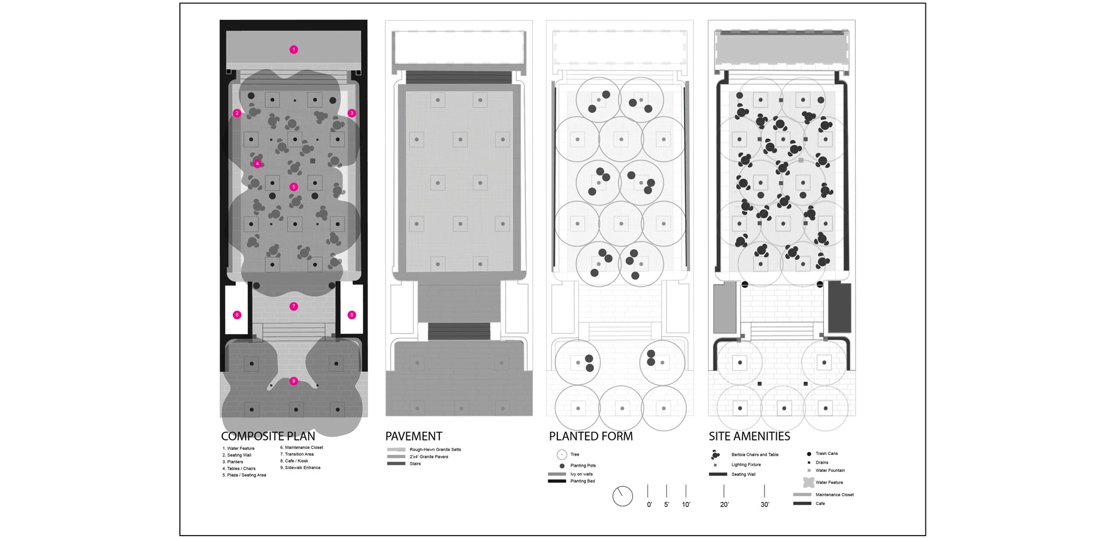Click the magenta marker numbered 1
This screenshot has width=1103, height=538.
coord(294,50)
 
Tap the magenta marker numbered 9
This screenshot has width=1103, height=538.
coord(294,381)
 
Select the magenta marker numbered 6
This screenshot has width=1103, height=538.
coord(237,315)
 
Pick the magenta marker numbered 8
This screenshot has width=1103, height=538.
coord(351,315)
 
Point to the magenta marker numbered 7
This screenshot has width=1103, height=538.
coord(294,306)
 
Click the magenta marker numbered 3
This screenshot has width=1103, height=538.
coord(351,113)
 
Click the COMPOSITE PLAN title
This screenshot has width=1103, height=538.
coord(268,436)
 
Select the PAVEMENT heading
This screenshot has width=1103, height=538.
coord(414,436)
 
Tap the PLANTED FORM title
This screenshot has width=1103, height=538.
coord(591,436)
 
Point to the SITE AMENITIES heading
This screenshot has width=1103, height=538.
coord(749,436)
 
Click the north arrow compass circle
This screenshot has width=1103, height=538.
coord(622,496)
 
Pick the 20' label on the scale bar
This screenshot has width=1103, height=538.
coord(724,505)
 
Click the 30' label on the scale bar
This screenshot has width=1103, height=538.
coord(765,505)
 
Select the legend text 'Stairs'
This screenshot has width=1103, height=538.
coord(415,464)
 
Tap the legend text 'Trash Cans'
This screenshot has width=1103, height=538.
coord(827,454)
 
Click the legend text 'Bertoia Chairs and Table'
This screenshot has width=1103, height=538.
coord(755,455)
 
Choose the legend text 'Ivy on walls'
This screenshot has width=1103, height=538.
coord(582,474)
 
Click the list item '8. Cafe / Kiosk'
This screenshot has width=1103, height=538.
coord(294,461)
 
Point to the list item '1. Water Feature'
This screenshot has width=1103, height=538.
coord(239,449)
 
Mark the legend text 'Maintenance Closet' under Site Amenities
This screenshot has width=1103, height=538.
coord(835,495)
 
